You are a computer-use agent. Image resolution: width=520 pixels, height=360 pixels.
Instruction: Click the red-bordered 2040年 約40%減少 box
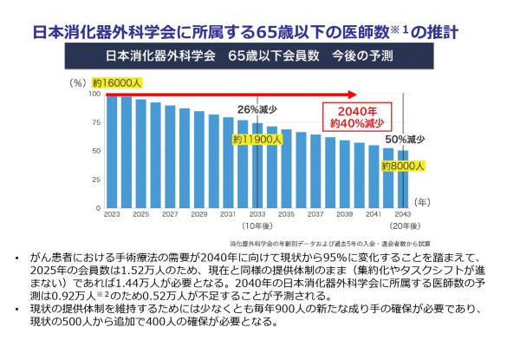coord(358,116)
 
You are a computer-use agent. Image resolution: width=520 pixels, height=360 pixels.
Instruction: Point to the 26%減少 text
coord(257,110)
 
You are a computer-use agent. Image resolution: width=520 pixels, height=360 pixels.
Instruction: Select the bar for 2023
coord(112,152)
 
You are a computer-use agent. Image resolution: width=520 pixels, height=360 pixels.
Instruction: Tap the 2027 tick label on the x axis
coord(171,214)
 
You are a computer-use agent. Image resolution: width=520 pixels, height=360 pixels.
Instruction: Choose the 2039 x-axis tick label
coord(345,214)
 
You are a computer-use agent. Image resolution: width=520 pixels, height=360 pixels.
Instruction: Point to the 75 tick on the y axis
coord(95,122)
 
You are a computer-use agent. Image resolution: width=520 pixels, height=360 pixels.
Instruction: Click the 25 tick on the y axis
coord(95,180)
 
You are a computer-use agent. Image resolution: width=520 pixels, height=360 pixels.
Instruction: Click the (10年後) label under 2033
coord(258,225)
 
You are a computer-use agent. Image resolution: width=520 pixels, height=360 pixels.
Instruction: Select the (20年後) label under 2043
coord(403,225)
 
